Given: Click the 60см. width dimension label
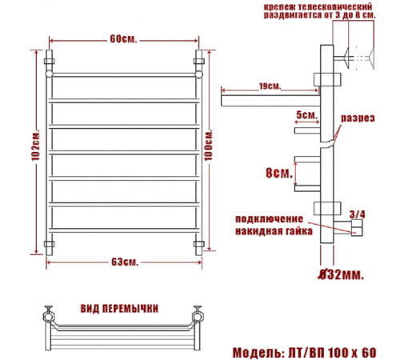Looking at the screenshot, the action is point(123,39).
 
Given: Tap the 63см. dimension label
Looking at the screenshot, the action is point(125,262).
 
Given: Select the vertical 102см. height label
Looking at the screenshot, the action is point(35,146).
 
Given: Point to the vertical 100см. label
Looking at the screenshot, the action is point(209,146).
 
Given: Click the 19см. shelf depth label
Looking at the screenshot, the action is point(270,86).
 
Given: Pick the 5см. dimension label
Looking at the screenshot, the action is point(307,115).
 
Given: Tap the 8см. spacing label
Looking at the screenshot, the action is point(279,173).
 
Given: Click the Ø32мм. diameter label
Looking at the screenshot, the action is point(341,274).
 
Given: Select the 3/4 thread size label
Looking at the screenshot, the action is point(358,214).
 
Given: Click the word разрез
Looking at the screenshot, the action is point(358,118).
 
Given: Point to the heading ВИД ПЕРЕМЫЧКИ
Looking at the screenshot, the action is point(119,309).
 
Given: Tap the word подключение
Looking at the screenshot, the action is point(269,219).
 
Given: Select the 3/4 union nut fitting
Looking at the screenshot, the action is point(357,227).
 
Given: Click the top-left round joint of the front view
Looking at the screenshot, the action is point(49,74).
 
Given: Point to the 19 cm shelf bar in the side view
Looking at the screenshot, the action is point(270,101).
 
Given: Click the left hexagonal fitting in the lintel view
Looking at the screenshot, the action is point(49,317).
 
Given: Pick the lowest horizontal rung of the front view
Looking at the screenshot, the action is point(124,230).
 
